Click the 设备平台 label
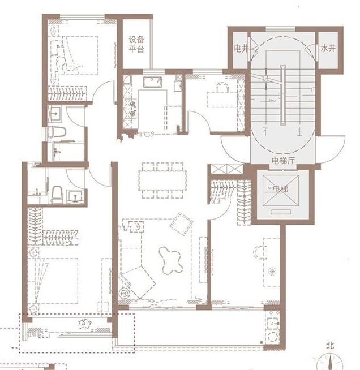136,44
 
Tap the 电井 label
241,49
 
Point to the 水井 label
328,49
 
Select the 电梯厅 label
283,161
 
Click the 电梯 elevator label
280,189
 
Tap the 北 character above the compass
330,346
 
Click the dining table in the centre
162,180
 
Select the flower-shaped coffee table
170,260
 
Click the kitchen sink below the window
152,82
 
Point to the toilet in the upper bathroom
56,132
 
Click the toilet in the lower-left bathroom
57,194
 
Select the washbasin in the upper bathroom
55,114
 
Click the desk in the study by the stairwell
222,100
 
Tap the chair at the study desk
222,87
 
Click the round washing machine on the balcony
273,337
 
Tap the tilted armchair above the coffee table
181,224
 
